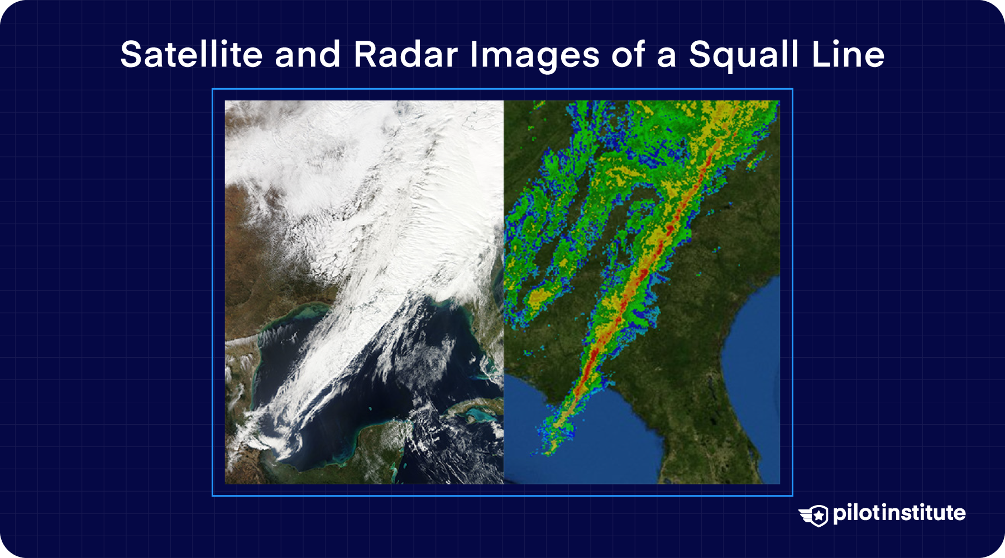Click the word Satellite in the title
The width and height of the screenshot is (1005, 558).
pos(191,55)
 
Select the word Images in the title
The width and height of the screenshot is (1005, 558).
pos(534,55)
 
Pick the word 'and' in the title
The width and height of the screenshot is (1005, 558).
pos(307,55)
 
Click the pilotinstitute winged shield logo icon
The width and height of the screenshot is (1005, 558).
pos(813,514)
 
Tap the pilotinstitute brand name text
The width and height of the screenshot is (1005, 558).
pos(899,513)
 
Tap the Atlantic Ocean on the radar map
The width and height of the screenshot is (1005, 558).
pos(754,335)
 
